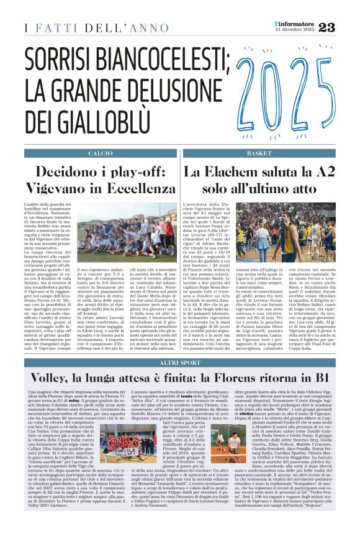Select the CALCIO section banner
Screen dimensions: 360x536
tap(101, 153)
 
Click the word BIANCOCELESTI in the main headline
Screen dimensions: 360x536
tap(164, 61)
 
